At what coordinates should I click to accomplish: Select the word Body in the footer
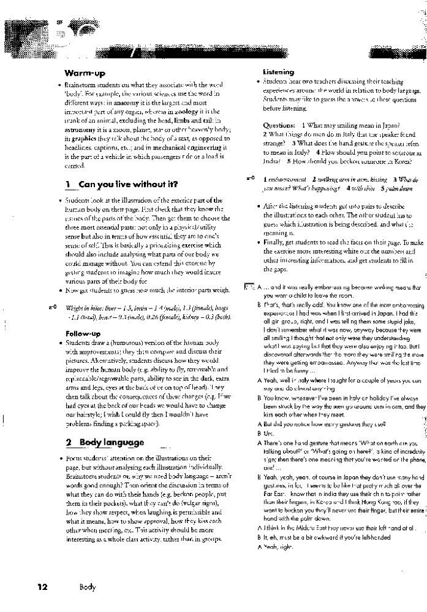87,587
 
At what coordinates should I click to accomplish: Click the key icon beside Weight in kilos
52,307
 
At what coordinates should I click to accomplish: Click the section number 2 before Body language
68,443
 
